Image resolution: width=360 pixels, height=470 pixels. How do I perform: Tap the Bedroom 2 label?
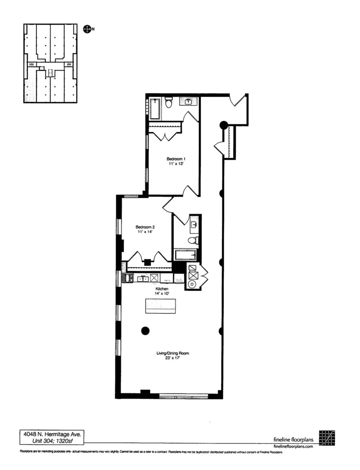(145, 227)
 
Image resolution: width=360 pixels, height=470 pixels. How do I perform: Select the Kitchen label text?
(162, 289)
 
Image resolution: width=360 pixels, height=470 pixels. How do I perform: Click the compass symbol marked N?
(87, 29)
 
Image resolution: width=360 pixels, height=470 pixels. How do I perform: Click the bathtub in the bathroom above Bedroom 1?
(155, 108)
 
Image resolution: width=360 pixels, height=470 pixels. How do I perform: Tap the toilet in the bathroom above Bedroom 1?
(170, 103)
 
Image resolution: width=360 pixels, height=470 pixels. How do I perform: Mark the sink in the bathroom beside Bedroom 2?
(194, 225)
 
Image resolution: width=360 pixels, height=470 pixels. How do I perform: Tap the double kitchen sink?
(142, 279)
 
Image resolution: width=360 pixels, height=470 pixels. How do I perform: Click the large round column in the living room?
(145, 330)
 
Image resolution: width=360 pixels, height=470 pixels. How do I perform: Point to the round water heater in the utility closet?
(192, 285)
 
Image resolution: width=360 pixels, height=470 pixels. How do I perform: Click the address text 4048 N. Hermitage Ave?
(51, 434)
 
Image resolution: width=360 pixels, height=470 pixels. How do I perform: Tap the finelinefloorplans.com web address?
(293, 446)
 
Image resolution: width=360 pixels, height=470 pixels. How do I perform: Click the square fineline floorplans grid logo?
(327, 438)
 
